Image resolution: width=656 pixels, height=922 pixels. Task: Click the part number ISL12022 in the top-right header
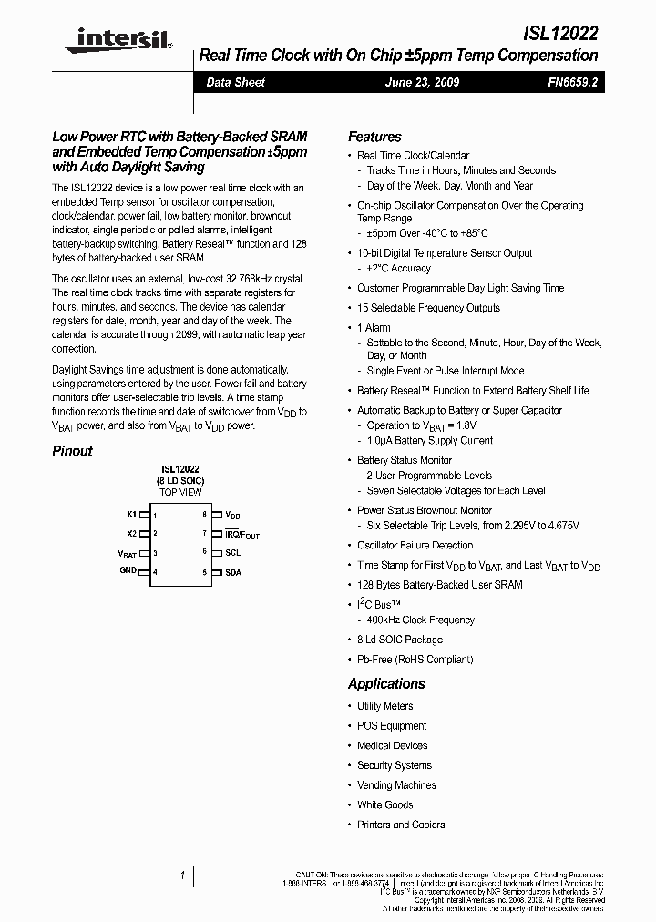pyautogui.click(x=561, y=35)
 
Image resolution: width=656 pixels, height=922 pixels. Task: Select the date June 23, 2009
pyautogui.click(x=422, y=82)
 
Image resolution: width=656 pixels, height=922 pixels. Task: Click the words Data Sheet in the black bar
pyautogui.click(x=235, y=82)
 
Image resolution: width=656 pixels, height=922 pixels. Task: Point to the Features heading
pyautogui.click(x=374, y=137)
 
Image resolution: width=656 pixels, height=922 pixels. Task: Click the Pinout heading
pyautogui.click(x=72, y=451)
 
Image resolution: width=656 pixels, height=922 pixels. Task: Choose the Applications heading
pyautogui.click(x=386, y=684)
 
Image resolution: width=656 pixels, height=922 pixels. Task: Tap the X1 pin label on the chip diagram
pyautogui.click(x=131, y=514)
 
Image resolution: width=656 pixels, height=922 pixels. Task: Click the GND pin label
pyautogui.click(x=128, y=570)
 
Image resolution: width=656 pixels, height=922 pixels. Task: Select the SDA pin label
pyautogui.click(x=233, y=572)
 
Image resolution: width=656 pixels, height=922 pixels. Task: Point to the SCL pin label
pyautogui.click(x=233, y=552)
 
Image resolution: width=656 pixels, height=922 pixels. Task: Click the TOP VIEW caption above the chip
pyautogui.click(x=180, y=492)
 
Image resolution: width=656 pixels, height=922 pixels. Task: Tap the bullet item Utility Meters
pyautogui.click(x=384, y=706)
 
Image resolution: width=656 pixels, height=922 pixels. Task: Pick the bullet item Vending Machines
pyautogui.click(x=396, y=785)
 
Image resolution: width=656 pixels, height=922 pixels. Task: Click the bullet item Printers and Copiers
pyautogui.click(x=401, y=825)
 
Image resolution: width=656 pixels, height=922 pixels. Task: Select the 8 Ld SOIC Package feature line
pyautogui.click(x=400, y=640)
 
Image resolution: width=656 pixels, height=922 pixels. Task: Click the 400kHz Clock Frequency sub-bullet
pyautogui.click(x=421, y=620)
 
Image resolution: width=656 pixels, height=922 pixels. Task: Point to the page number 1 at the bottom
pyautogui.click(x=183, y=876)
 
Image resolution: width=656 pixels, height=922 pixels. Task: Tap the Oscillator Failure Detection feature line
pyautogui.click(x=415, y=545)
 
